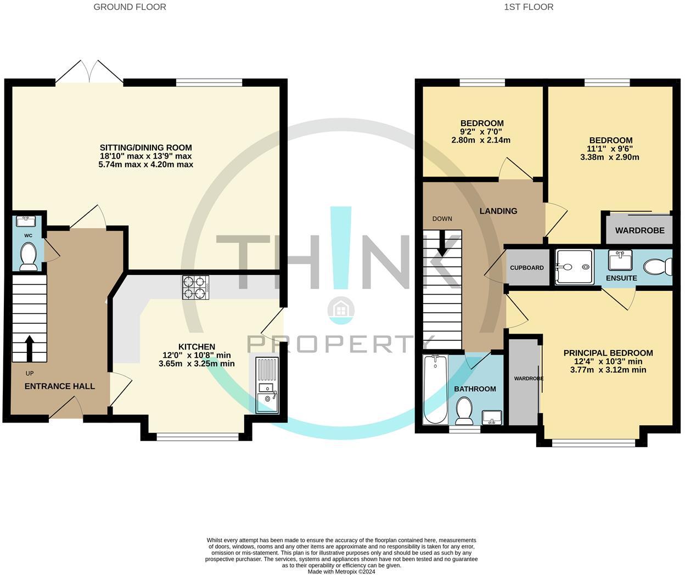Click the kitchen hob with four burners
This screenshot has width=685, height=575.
pyautogui.click(x=196, y=286)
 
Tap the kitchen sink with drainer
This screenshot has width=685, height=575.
pyautogui.click(x=267, y=384)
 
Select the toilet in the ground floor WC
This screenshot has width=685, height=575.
pyautogui.click(x=27, y=257)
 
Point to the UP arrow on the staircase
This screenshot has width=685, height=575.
pyautogui.click(x=29, y=348)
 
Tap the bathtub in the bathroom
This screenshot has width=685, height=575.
pyautogui.click(x=435, y=390)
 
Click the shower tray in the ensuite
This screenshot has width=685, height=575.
pyautogui.click(x=574, y=267)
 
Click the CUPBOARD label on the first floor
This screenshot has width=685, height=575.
pyautogui.click(x=527, y=268)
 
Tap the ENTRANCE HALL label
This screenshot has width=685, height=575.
pyautogui.click(x=60, y=386)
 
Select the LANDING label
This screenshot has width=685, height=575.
pyautogui.click(x=498, y=211)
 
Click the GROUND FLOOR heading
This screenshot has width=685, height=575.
pyautogui.click(x=130, y=7)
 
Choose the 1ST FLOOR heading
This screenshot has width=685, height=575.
pyautogui.click(x=529, y=7)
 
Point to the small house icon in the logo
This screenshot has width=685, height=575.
pyautogui.click(x=341, y=310)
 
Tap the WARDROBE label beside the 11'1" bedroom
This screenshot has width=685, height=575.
pyautogui.click(x=639, y=230)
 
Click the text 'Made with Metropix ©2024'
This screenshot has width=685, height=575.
pyautogui.click(x=341, y=571)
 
